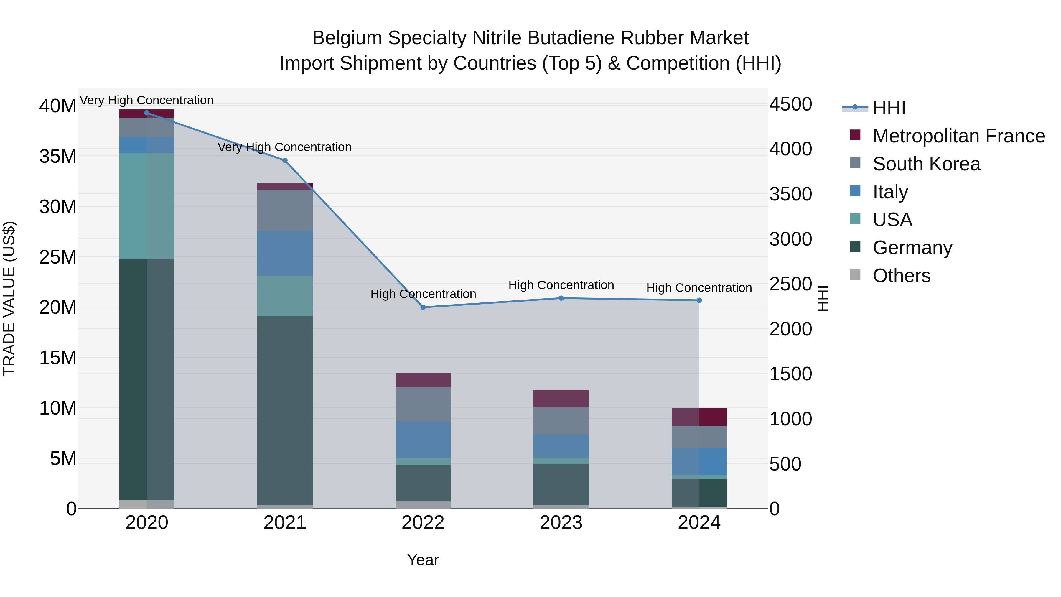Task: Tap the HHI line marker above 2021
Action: [x=285, y=161]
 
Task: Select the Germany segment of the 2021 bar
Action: [x=285, y=410]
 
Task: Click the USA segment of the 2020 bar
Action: [x=147, y=206]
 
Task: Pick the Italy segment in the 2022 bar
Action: [x=423, y=440]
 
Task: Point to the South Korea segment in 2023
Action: [x=561, y=421]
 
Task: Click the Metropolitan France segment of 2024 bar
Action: [x=699, y=417]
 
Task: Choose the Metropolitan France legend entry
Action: [x=958, y=136]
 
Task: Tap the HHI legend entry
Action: [x=889, y=108]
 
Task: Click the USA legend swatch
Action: [x=855, y=219]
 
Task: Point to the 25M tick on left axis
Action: [x=58, y=257]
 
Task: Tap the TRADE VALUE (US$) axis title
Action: [x=9, y=298]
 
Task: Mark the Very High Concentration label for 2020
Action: [x=147, y=100]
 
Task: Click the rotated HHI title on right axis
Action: [x=823, y=298]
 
